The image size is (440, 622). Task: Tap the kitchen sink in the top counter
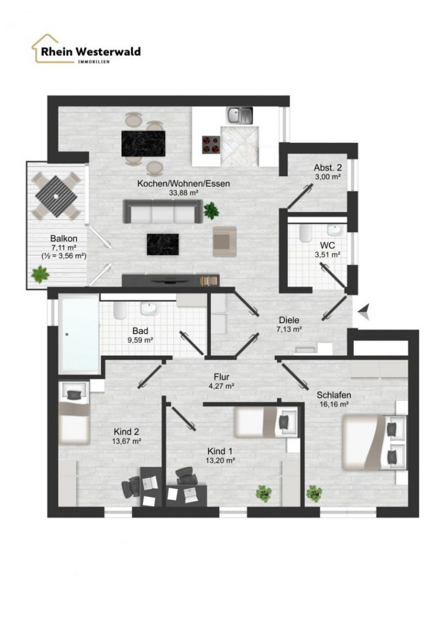[x=239, y=115]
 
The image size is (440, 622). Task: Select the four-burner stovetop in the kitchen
[x=211, y=145]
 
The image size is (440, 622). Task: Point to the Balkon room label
[x=63, y=238]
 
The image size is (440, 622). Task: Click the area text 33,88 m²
[x=184, y=193]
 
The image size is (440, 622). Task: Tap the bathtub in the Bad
[x=79, y=333]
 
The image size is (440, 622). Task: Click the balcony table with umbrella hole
[x=57, y=196]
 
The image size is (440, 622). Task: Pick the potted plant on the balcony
[x=40, y=274]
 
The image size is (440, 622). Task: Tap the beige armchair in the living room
[x=225, y=241]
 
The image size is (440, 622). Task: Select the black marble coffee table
[x=163, y=244]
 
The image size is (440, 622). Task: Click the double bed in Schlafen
[x=374, y=442]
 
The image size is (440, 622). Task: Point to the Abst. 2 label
[x=328, y=167]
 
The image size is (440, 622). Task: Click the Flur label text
[x=221, y=377]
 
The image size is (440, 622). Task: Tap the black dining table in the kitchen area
[x=143, y=143]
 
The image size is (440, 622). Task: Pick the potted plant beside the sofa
[x=211, y=210]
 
